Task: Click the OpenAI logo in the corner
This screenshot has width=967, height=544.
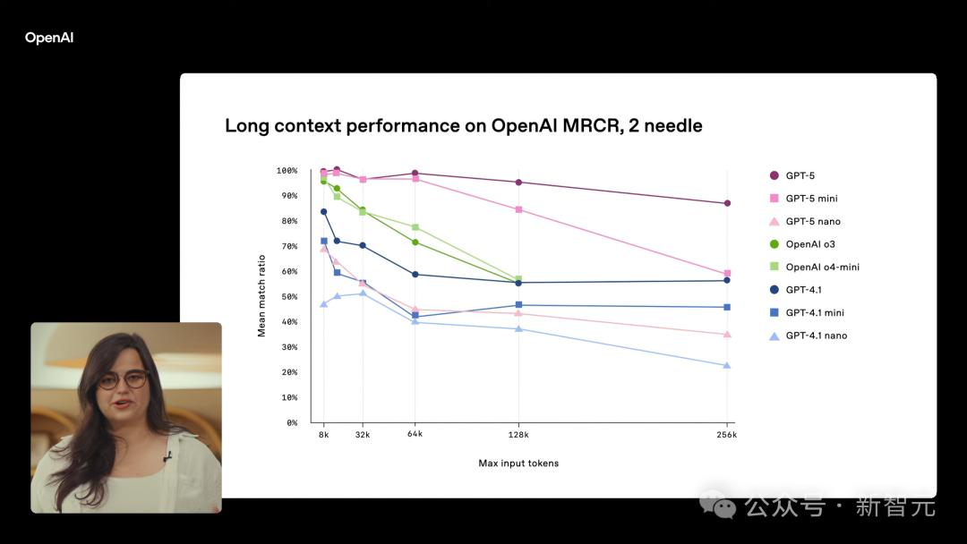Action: (49, 38)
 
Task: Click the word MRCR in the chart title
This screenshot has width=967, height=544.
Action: (585, 126)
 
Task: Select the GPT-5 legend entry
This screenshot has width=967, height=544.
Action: (800, 176)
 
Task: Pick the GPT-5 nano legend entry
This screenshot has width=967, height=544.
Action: (812, 222)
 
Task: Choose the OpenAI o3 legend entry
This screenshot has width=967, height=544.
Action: (810, 244)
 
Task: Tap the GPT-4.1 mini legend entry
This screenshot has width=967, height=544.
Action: (815, 313)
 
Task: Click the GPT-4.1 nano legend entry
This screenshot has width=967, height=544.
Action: (816, 336)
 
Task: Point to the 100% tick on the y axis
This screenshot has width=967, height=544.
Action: (287, 170)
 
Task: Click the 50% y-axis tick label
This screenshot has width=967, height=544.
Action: (288, 296)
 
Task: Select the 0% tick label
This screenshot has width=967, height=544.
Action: (291, 422)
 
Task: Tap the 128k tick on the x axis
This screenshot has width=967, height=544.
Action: (518, 435)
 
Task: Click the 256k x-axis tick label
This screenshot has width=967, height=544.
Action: (726, 435)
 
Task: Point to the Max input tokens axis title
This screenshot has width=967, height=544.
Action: (518, 463)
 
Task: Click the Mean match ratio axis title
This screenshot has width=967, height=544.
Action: (262, 296)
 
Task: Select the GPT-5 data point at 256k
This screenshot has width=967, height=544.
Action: (727, 203)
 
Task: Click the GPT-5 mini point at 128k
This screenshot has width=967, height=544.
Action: (519, 209)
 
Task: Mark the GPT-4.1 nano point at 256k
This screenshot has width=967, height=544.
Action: (727, 365)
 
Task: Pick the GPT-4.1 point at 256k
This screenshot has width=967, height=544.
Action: (727, 280)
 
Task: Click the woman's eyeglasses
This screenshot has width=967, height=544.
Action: (123, 380)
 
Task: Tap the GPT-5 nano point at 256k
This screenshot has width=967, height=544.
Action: (727, 334)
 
